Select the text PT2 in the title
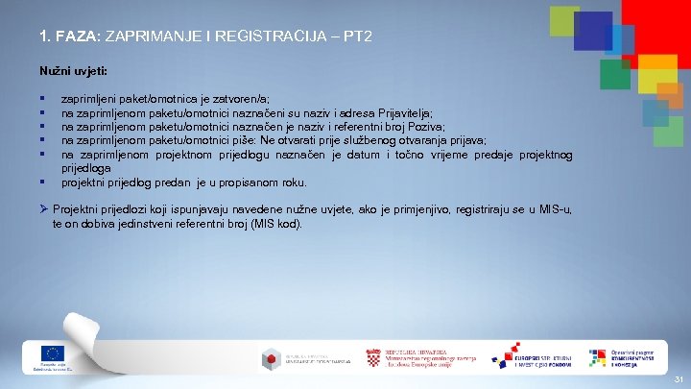coord(358,36)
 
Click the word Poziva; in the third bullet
coord(423,126)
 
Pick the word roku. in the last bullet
coord(292,182)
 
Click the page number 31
coord(677,379)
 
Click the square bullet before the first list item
coord(43,99)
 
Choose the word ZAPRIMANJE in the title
coord(150,36)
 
